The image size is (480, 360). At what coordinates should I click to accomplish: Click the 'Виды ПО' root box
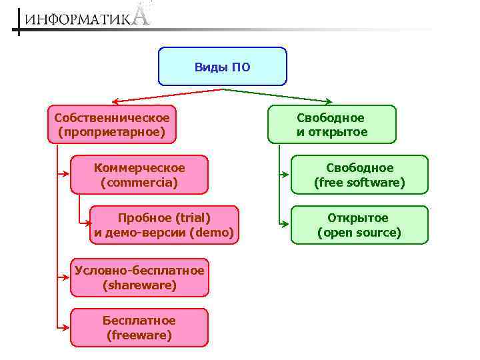222,67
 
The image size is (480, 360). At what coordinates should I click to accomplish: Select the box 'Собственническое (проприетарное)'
112,125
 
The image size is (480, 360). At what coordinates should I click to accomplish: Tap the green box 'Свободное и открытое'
331,125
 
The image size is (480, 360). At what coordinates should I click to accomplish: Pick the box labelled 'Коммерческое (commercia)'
139,175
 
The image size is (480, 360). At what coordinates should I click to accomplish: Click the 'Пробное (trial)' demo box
163,225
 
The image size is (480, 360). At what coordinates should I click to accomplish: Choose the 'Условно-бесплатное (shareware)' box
139,277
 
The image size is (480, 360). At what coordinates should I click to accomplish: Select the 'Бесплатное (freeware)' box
139,328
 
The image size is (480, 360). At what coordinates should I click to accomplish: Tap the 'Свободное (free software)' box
359,175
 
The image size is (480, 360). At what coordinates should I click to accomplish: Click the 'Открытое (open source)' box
359,225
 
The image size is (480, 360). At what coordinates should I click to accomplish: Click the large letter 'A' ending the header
141,14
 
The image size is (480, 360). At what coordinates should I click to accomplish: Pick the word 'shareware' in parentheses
139,285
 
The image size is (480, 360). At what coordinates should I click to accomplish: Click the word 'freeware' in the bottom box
139,335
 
